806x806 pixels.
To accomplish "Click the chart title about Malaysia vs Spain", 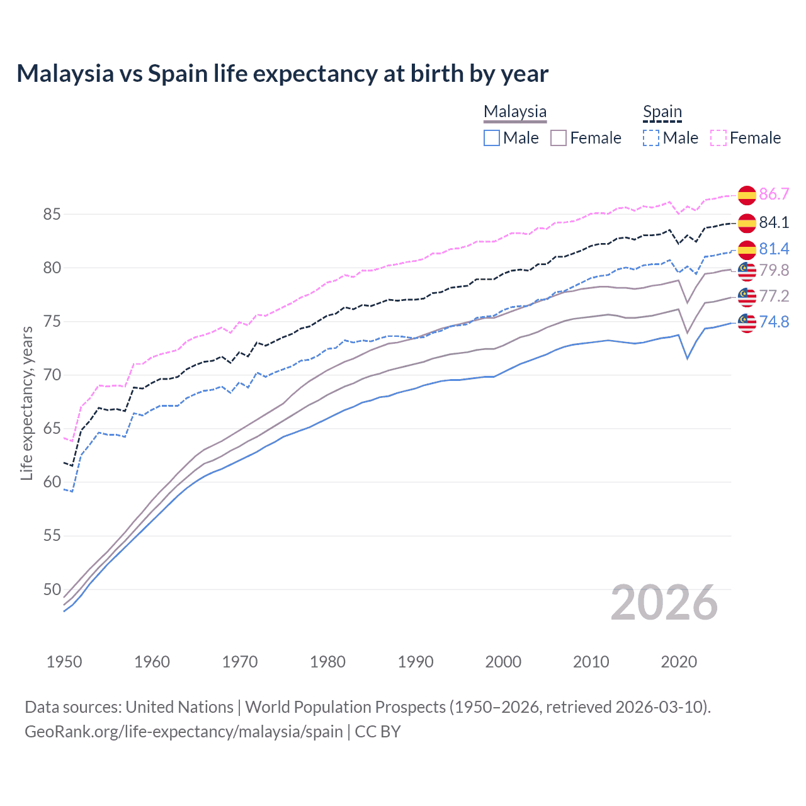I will pos(282,74).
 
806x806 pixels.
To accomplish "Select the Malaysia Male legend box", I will pos(492,138).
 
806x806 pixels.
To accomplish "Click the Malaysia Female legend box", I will pos(559,138).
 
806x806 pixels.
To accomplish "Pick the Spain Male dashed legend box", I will pos(651,138).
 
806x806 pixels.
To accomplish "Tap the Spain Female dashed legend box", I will pos(718,138).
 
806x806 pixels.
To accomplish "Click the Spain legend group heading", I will pos(662,113).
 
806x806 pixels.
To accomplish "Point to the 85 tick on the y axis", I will pos(52,214).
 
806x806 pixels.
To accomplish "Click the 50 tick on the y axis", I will pos(52,589).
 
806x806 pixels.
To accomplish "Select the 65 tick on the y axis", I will pos(52,429).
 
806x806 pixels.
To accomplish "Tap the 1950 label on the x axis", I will pos(64,662).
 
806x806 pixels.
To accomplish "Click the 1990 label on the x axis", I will pos(416,662).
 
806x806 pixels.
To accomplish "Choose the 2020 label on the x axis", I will pos(679,662).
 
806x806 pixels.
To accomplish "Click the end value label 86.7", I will pos(774,194).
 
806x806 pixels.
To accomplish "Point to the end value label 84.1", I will pos(774,222).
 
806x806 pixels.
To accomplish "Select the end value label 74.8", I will pos(774,322).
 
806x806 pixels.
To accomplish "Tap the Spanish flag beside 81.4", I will pos(747,249).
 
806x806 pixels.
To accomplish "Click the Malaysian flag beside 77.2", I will pos(747,297).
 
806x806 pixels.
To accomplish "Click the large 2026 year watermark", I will pos(664,603).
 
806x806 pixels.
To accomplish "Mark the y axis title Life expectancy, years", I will pos(27,403).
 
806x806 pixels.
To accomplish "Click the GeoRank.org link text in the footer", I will pos(184,732).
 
